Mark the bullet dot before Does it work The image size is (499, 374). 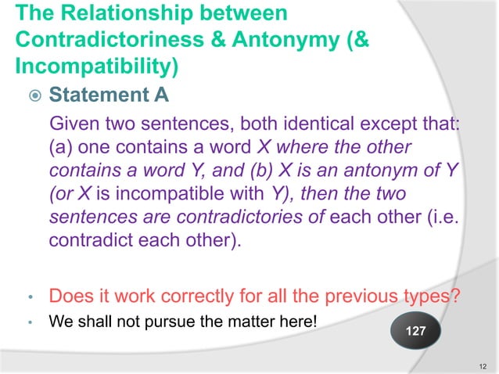pyautogui.click(x=29, y=299)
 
